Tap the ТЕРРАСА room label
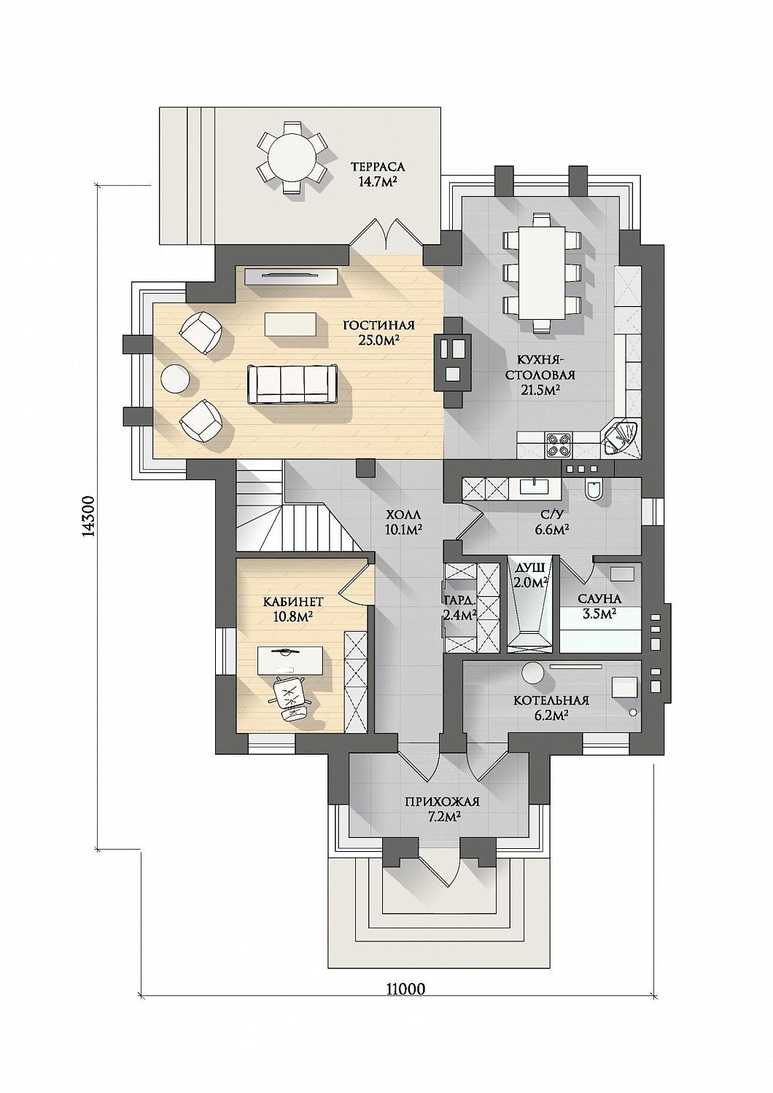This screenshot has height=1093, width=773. pos(378,167)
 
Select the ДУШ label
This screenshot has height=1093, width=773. pos(529,568)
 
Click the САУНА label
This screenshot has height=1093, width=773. pos(599,598)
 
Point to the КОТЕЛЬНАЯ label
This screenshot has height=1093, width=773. pos(551,701)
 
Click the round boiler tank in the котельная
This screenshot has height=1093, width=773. pos(533,674)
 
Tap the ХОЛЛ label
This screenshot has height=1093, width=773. pos(403,514)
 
